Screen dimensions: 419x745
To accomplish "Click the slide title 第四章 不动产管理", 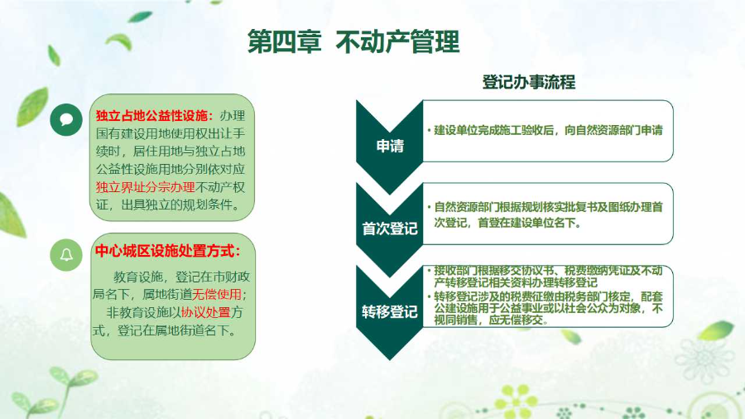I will [353, 42].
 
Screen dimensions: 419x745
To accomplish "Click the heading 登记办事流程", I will [528, 83].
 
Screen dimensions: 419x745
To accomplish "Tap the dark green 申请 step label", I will [390, 147].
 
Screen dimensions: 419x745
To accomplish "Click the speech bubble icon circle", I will [66, 120].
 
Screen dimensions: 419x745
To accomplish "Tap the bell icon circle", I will [66, 255].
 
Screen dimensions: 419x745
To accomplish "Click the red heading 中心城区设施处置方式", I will [167, 251].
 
